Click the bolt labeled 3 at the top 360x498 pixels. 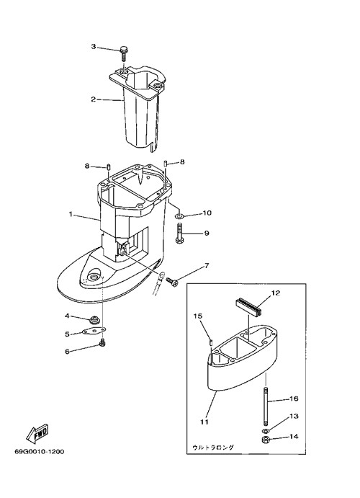click(123, 54)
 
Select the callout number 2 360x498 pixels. click(94, 99)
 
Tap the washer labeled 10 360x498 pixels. click(179, 217)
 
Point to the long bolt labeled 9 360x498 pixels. click(179, 233)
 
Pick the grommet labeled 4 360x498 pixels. click(93, 319)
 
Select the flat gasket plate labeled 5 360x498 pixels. click(93, 332)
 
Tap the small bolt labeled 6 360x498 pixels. click(102, 343)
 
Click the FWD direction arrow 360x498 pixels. click(37, 435)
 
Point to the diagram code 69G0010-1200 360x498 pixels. click(40, 452)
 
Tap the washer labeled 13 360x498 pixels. click(266, 431)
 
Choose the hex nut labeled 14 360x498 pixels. click(266, 440)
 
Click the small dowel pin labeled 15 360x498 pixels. click(211, 342)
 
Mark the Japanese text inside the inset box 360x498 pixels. click(213, 447)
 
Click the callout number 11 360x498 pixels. click(204, 422)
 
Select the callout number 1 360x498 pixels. click(71, 214)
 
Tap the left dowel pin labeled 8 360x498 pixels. click(109, 166)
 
